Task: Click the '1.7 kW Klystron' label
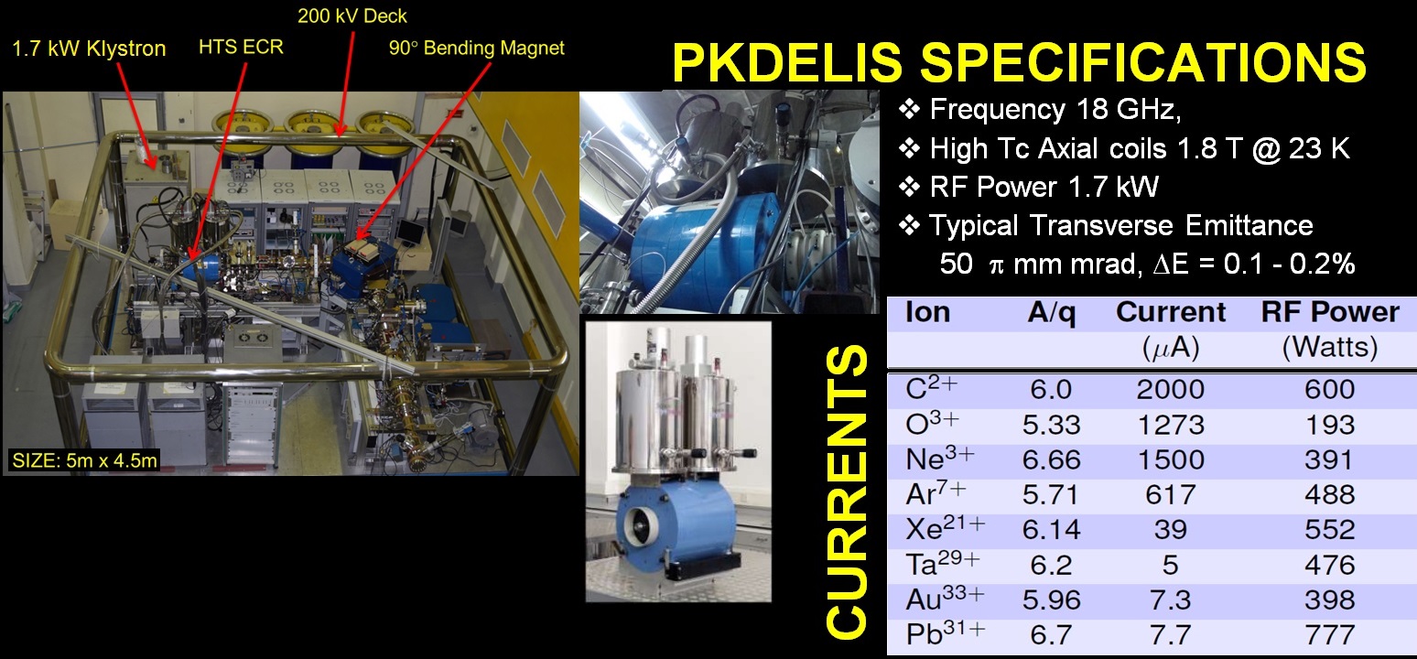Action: coord(89,49)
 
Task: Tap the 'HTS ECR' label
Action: coord(241,47)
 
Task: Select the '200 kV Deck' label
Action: coord(352,16)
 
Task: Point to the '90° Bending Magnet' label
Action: coord(476,49)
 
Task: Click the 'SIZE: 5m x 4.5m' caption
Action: coord(85,460)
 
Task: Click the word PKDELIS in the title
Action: coord(787,62)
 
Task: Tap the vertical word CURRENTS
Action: coord(847,491)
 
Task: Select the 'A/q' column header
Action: coord(1052,312)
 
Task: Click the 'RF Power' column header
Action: coord(1330,312)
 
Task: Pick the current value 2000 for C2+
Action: coord(1170,389)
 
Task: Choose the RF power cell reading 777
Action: coord(1330,634)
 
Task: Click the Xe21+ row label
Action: coord(945,528)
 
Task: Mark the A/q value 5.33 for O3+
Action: coord(1052,425)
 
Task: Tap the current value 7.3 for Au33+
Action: coord(1170,600)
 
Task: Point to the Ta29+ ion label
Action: coord(943,563)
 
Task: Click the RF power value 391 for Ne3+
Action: coord(1329,459)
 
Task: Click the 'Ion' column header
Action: coord(927,312)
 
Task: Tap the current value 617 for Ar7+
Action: coord(1170,494)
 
